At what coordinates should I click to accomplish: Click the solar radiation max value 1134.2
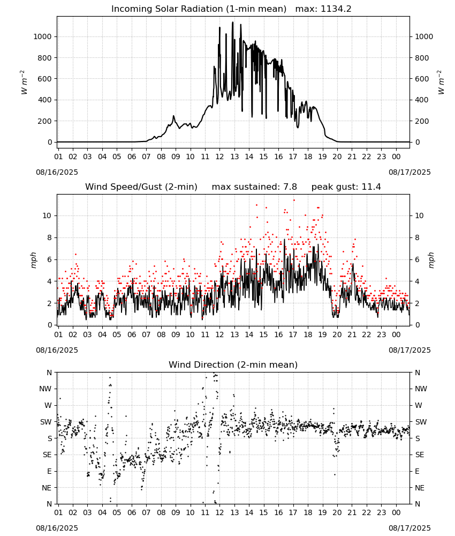click(336, 9)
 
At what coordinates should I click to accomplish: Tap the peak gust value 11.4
click(370, 187)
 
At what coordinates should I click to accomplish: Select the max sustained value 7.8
click(290, 187)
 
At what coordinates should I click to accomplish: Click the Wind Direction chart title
click(233, 364)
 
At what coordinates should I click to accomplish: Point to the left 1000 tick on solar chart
click(42, 36)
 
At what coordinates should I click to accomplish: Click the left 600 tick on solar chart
click(45, 79)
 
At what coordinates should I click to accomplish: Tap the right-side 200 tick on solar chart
click(422, 121)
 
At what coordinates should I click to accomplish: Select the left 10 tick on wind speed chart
click(47, 215)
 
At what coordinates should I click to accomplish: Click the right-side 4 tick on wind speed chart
click(417, 281)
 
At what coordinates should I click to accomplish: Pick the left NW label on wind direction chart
click(45, 389)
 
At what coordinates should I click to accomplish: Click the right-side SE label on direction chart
click(420, 455)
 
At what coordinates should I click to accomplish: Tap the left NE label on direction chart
click(47, 488)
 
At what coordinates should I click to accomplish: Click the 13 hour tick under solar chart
click(234, 157)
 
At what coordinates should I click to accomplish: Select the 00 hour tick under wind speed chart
click(396, 334)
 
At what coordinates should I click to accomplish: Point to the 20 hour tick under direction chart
click(337, 512)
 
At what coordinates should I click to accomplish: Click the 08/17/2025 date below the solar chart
click(409, 172)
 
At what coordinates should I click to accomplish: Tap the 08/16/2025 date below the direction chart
click(57, 528)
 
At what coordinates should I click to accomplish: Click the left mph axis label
click(33, 260)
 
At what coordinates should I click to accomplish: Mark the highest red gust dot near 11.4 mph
click(294, 200)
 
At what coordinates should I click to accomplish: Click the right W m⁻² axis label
click(441, 83)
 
